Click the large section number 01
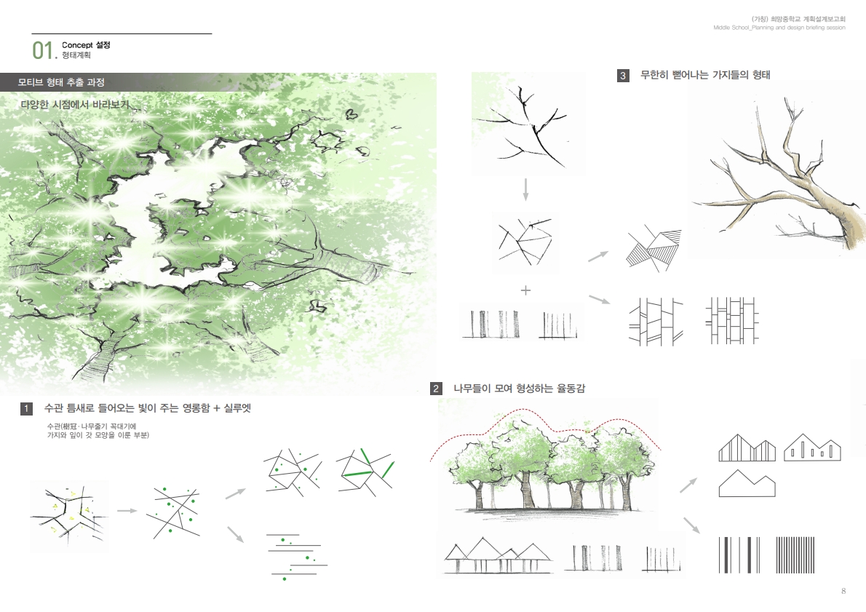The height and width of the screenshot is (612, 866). pyautogui.click(x=44, y=50)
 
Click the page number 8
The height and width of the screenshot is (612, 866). pyautogui.click(x=843, y=591)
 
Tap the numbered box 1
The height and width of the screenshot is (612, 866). pyautogui.click(x=26, y=409)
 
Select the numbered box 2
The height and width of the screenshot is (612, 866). pyautogui.click(x=436, y=389)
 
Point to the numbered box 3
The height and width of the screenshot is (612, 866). pyautogui.click(x=623, y=76)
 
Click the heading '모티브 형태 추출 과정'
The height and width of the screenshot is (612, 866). pyautogui.click(x=61, y=82)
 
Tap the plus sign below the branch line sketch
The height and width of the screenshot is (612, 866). pyautogui.click(x=525, y=290)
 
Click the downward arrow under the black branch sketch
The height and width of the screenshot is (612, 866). pyautogui.click(x=525, y=189)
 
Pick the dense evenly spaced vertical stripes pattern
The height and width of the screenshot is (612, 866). pyautogui.click(x=795, y=555)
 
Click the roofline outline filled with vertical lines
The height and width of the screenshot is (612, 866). pyautogui.click(x=747, y=448)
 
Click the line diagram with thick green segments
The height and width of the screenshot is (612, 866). pyautogui.click(x=365, y=470)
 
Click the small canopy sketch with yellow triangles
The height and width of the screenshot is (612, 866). pyautogui.click(x=69, y=517)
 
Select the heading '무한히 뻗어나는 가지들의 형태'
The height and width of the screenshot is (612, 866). pyautogui.click(x=704, y=75)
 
